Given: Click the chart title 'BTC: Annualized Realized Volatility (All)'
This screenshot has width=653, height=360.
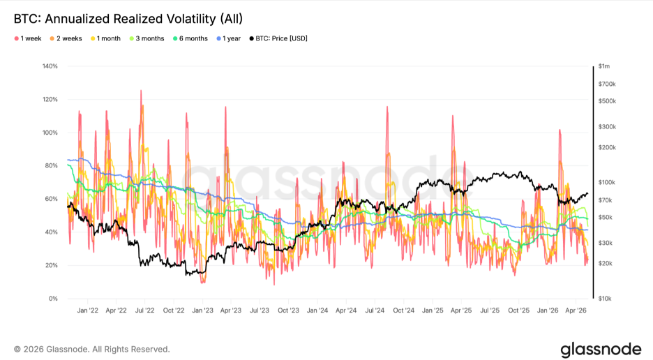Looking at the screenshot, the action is (x=128, y=19).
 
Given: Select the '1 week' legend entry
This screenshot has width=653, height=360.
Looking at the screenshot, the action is (x=28, y=39).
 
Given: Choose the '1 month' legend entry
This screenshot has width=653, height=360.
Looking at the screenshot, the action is (x=105, y=39).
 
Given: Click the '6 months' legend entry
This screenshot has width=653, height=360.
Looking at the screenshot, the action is (x=190, y=39).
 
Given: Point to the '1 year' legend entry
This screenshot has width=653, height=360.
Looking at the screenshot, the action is (x=228, y=39).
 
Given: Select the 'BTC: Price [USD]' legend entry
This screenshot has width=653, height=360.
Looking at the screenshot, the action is (x=278, y=39).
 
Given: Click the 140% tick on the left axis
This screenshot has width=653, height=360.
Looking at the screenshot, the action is (x=50, y=66).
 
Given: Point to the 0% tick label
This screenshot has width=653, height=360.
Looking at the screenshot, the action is (x=53, y=299).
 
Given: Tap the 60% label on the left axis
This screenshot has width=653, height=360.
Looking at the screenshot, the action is (x=51, y=199).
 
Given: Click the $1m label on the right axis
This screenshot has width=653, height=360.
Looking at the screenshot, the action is (x=604, y=66).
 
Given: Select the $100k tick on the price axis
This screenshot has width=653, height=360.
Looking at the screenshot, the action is (x=607, y=183).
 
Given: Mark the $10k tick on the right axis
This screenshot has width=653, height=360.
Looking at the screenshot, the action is (x=605, y=299).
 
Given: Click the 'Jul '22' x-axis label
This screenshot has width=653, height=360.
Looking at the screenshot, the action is (x=145, y=310).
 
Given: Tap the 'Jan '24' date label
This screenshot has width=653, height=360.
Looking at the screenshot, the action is (x=317, y=310).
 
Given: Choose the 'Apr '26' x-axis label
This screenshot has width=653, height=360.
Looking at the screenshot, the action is (x=576, y=310).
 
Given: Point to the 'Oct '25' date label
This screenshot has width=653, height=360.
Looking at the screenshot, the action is (x=518, y=310).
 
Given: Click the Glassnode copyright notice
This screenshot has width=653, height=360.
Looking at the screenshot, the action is (x=91, y=349).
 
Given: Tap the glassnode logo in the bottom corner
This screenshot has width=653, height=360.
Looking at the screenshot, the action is (x=601, y=349).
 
